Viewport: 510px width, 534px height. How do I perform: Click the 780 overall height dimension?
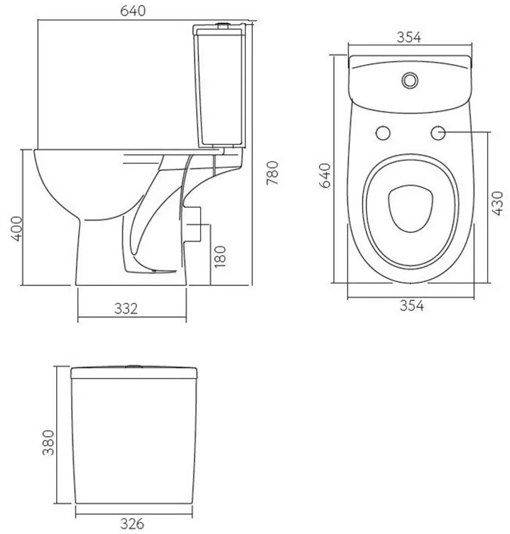coord(272,173)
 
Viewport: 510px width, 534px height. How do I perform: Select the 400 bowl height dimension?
coord(17,228)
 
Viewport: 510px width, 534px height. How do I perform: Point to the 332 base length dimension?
coord(126,309)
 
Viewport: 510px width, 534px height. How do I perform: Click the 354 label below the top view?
coord(411,306)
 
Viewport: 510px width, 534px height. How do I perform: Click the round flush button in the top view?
coord(409,79)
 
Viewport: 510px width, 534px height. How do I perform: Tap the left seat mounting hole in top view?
coord(383,133)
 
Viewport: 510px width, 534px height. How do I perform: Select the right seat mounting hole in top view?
coord(438,133)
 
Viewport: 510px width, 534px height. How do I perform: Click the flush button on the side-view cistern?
coord(223,25)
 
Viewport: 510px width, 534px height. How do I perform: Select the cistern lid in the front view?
coord(135,373)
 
